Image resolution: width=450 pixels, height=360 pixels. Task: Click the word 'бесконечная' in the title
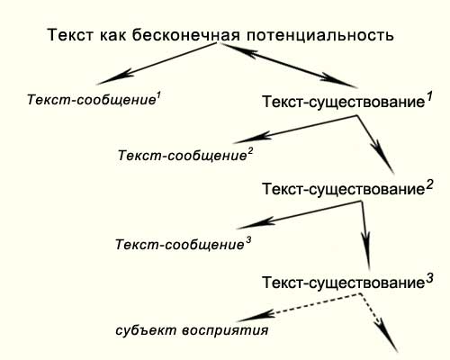click(x=186, y=35)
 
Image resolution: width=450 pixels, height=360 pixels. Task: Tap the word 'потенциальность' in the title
click(x=320, y=35)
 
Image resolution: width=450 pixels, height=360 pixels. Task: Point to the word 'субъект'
click(x=146, y=330)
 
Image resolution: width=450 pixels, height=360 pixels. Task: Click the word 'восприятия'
click(x=225, y=330)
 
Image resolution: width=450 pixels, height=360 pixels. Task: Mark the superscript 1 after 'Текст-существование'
click(x=429, y=97)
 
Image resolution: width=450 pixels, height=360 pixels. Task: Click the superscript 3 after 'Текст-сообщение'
click(x=248, y=241)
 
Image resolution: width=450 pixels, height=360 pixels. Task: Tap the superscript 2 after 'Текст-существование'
click(x=429, y=185)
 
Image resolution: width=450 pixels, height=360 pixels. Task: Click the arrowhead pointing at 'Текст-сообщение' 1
click(x=114, y=77)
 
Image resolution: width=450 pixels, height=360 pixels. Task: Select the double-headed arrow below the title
click(x=289, y=66)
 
